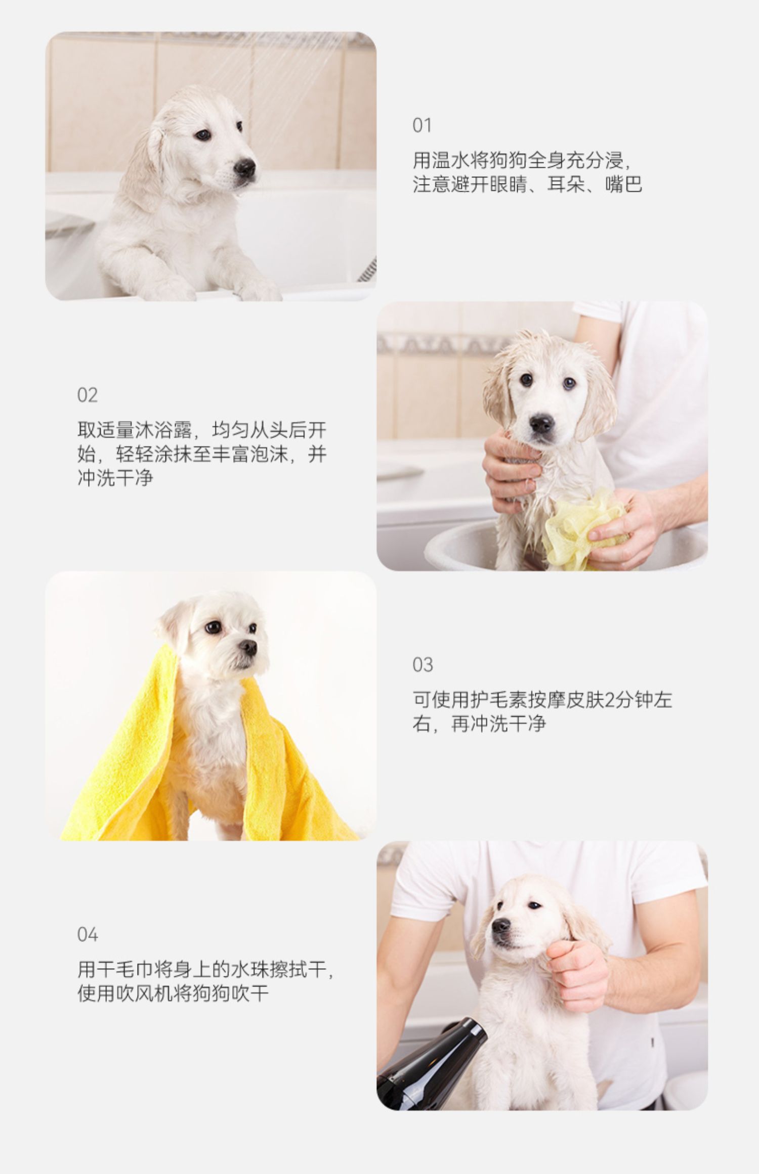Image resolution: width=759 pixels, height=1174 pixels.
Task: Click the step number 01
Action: point(422,125)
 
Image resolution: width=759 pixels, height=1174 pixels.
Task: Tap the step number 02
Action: point(87,395)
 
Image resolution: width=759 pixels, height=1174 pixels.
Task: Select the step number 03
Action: point(423,665)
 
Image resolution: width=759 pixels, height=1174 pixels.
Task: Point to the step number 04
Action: point(87,934)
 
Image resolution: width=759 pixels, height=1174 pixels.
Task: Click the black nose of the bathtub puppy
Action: point(245,168)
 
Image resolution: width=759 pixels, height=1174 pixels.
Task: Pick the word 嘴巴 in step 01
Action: point(624,185)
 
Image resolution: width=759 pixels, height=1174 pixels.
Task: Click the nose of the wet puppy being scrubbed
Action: point(542,423)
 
